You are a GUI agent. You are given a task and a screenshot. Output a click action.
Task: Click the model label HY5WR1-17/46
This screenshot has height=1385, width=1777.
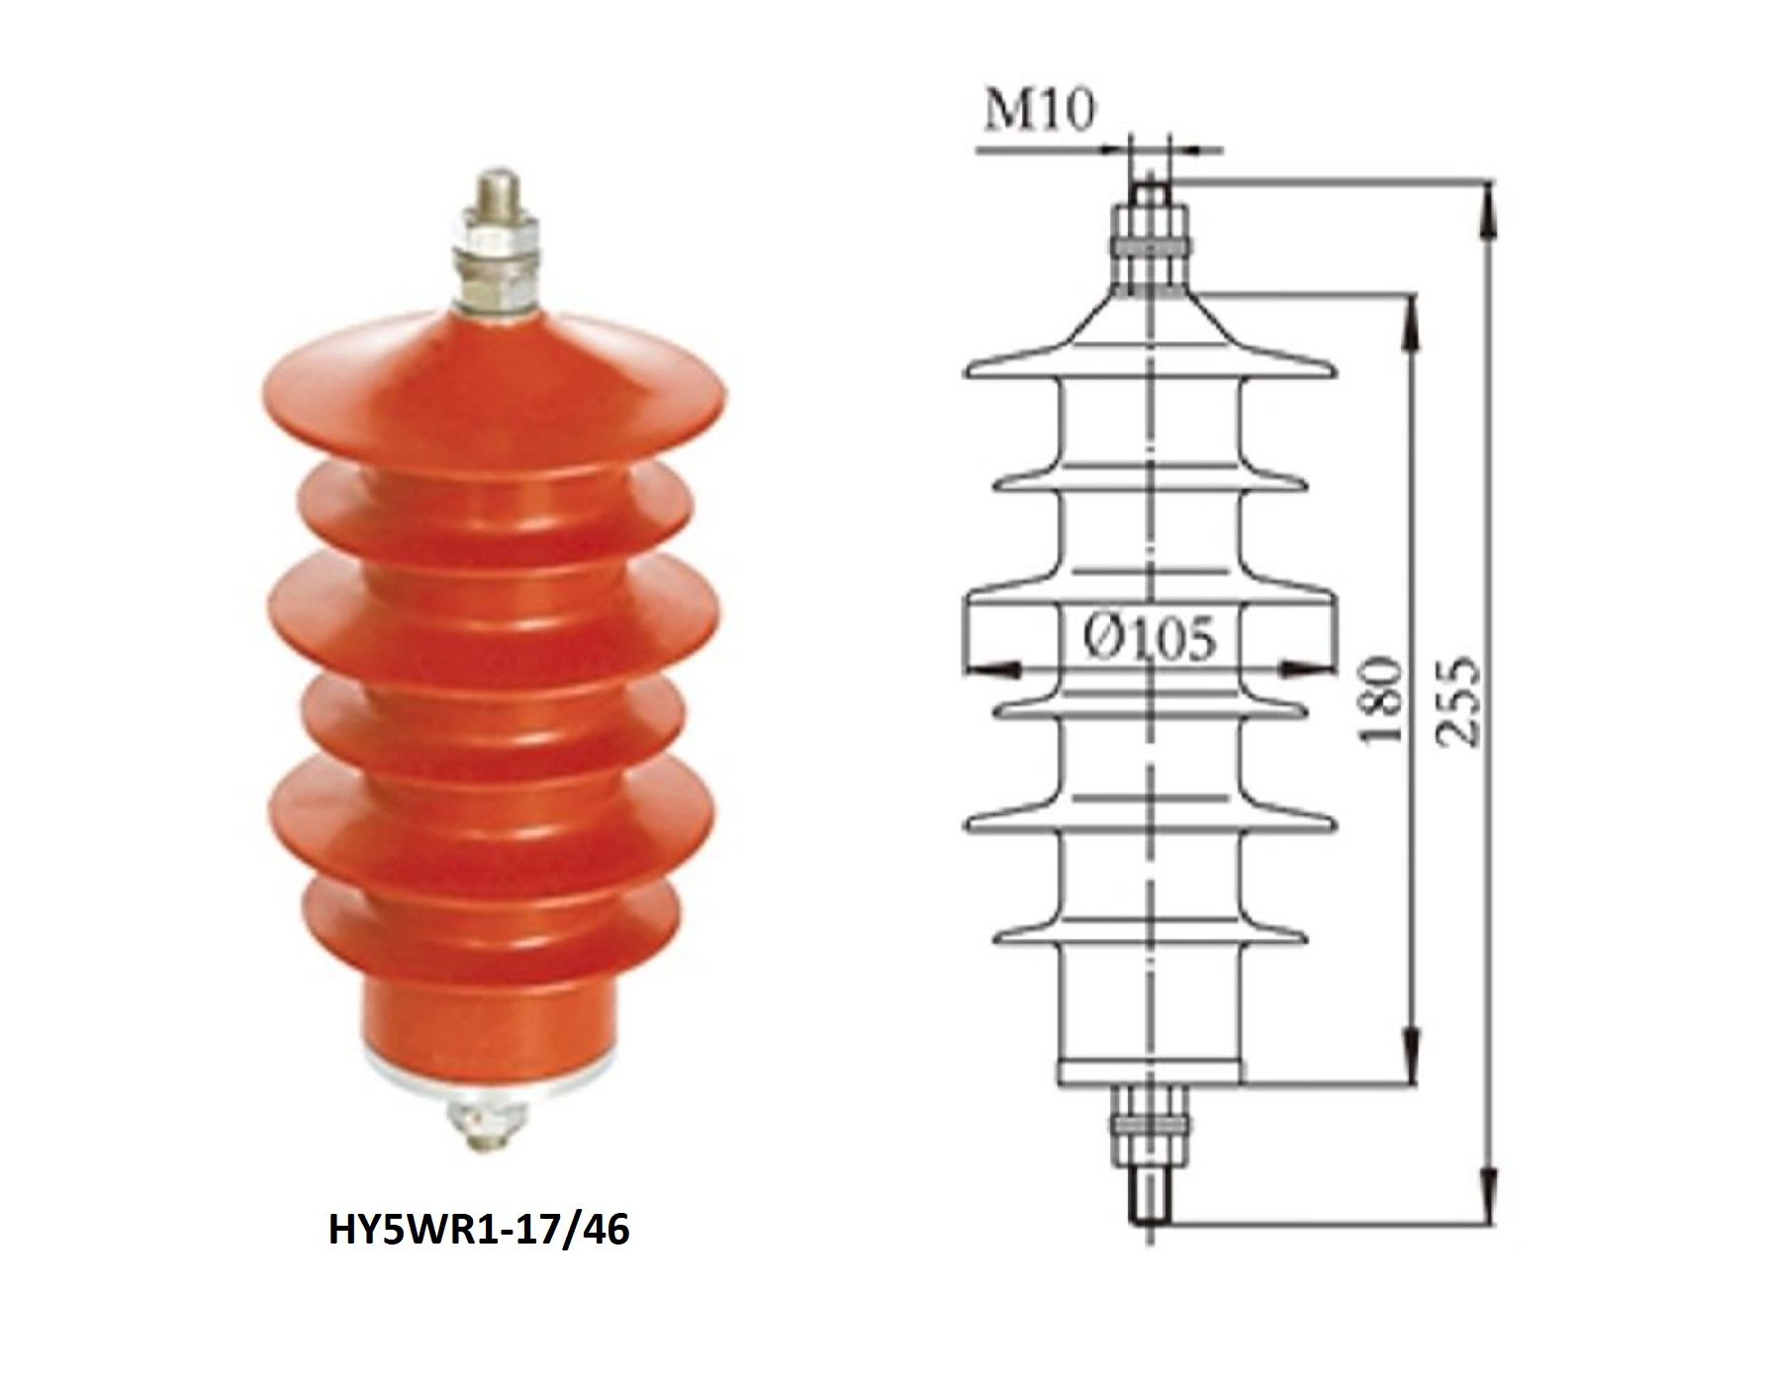pos(478,1232)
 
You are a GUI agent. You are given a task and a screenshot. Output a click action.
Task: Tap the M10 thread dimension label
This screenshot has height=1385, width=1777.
pos(1040,113)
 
